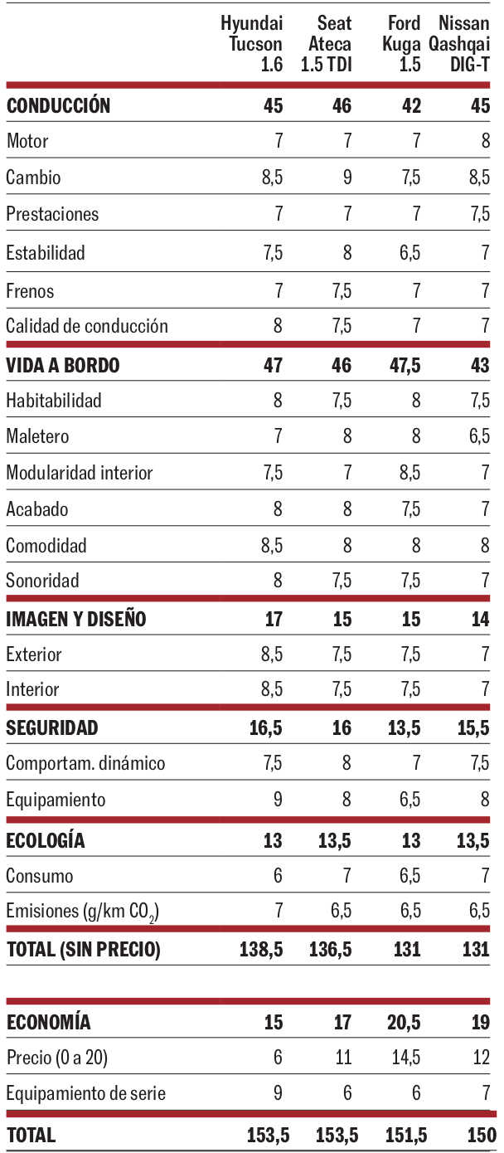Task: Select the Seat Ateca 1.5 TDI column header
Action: (x=326, y=44)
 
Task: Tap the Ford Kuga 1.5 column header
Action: (x=402, y=44)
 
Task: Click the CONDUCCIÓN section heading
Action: (x=58, y=105)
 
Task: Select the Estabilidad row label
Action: (x=46, y=252)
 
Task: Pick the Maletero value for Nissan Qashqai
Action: (x=479, y=436)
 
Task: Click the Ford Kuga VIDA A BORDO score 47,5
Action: (x=404, y=365)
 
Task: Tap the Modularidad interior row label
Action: (x=80, y=473)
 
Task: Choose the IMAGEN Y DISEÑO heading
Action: (x=76, y=619)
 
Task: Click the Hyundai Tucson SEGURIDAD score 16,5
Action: (x=266, y=728)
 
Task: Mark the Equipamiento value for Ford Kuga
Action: (x=409, y=800)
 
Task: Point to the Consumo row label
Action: (x=40, y=876)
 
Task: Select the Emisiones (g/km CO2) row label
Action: (x=83, y=912)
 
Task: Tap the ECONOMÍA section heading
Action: (x=48, y=1022)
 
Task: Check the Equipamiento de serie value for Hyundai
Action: (x=278, y=1093)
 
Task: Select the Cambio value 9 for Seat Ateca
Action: (x=346, y=178)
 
